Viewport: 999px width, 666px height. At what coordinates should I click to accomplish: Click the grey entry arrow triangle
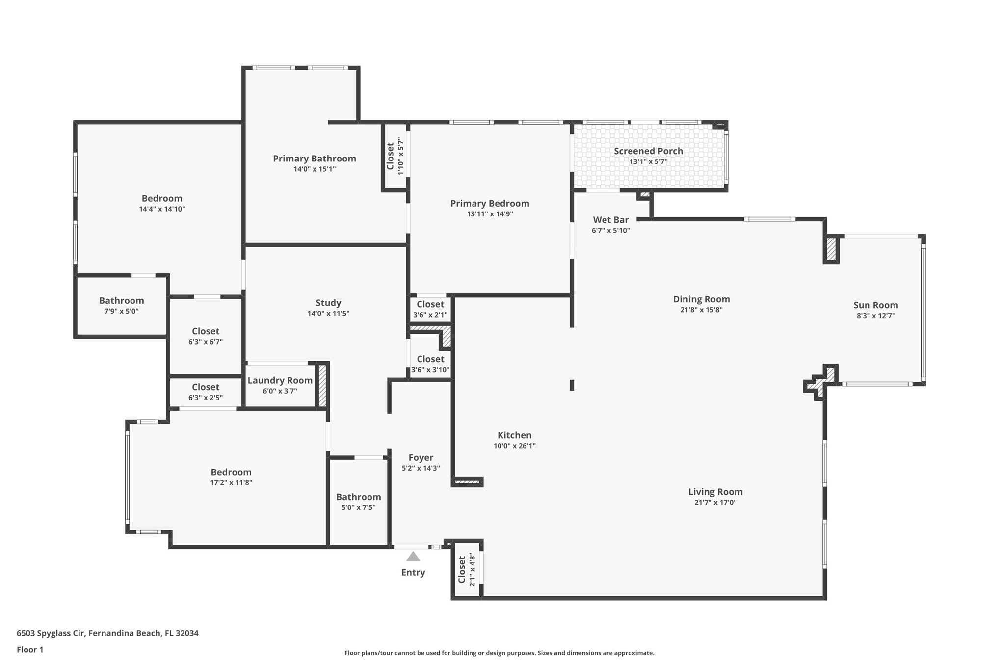click(x=413, y=557)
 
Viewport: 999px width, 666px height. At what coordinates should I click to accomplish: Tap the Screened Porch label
click(x=648, y=151)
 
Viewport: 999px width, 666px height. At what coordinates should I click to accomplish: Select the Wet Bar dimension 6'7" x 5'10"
click(x=610, y=231)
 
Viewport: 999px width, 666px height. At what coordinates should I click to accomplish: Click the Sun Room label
click(x=875, y=305)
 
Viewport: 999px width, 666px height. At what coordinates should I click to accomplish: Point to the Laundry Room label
click(x=280, y=381)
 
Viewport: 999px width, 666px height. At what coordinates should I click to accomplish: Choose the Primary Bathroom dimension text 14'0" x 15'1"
click(x=315, y=169)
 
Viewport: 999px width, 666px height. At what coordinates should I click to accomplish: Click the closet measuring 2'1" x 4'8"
click(x=467, y=569)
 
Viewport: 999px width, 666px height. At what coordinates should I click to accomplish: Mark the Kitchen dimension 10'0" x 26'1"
click(x=514, y=446)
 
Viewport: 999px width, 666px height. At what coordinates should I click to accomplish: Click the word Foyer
click(x=421, y=458)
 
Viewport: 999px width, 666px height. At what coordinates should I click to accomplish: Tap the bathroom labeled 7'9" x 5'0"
click(x=121, y=306)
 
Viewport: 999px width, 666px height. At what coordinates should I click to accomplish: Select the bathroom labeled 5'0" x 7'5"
click(x=358, y=502)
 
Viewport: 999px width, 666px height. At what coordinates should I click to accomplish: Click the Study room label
click(x=328, y=303)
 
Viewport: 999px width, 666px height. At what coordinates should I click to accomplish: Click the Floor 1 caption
click(x=30, y=650)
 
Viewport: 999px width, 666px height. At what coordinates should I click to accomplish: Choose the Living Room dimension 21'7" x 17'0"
click(x=715, y=503)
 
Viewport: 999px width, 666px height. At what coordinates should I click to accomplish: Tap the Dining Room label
click(x=701, y=299)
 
